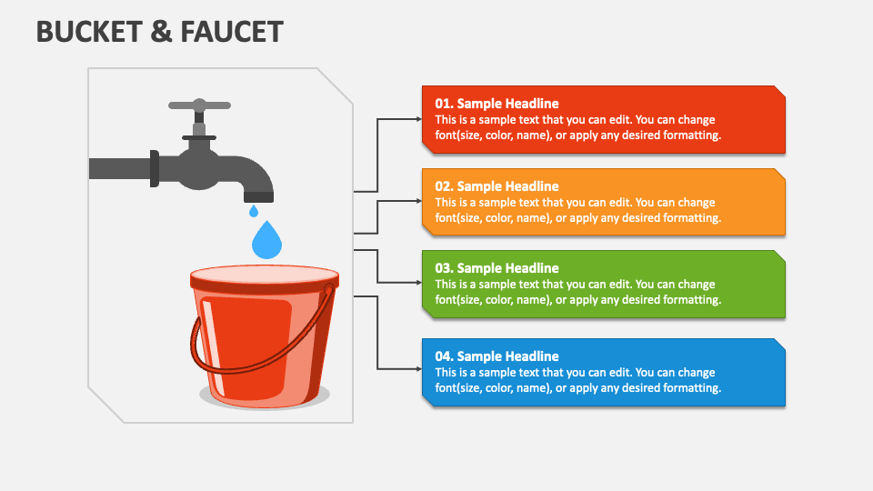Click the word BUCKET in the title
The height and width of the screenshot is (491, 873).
(87, 32)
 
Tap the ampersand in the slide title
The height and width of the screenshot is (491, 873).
(160, 32)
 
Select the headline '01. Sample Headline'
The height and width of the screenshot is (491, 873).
(497, 104)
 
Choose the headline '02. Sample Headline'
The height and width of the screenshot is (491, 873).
(497, 186)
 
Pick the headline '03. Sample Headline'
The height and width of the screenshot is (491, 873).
(497, 268)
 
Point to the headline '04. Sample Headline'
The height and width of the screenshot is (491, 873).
(497, 356)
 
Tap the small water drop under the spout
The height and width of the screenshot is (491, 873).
(254, 211)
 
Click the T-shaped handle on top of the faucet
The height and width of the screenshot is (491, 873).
(199, 105)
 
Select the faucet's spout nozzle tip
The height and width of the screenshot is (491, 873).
(258, 196)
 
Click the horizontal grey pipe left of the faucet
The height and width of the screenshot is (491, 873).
(118, 168)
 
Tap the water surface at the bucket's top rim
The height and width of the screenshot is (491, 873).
(264, 274)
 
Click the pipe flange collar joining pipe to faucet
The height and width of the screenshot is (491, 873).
(155, 169)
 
